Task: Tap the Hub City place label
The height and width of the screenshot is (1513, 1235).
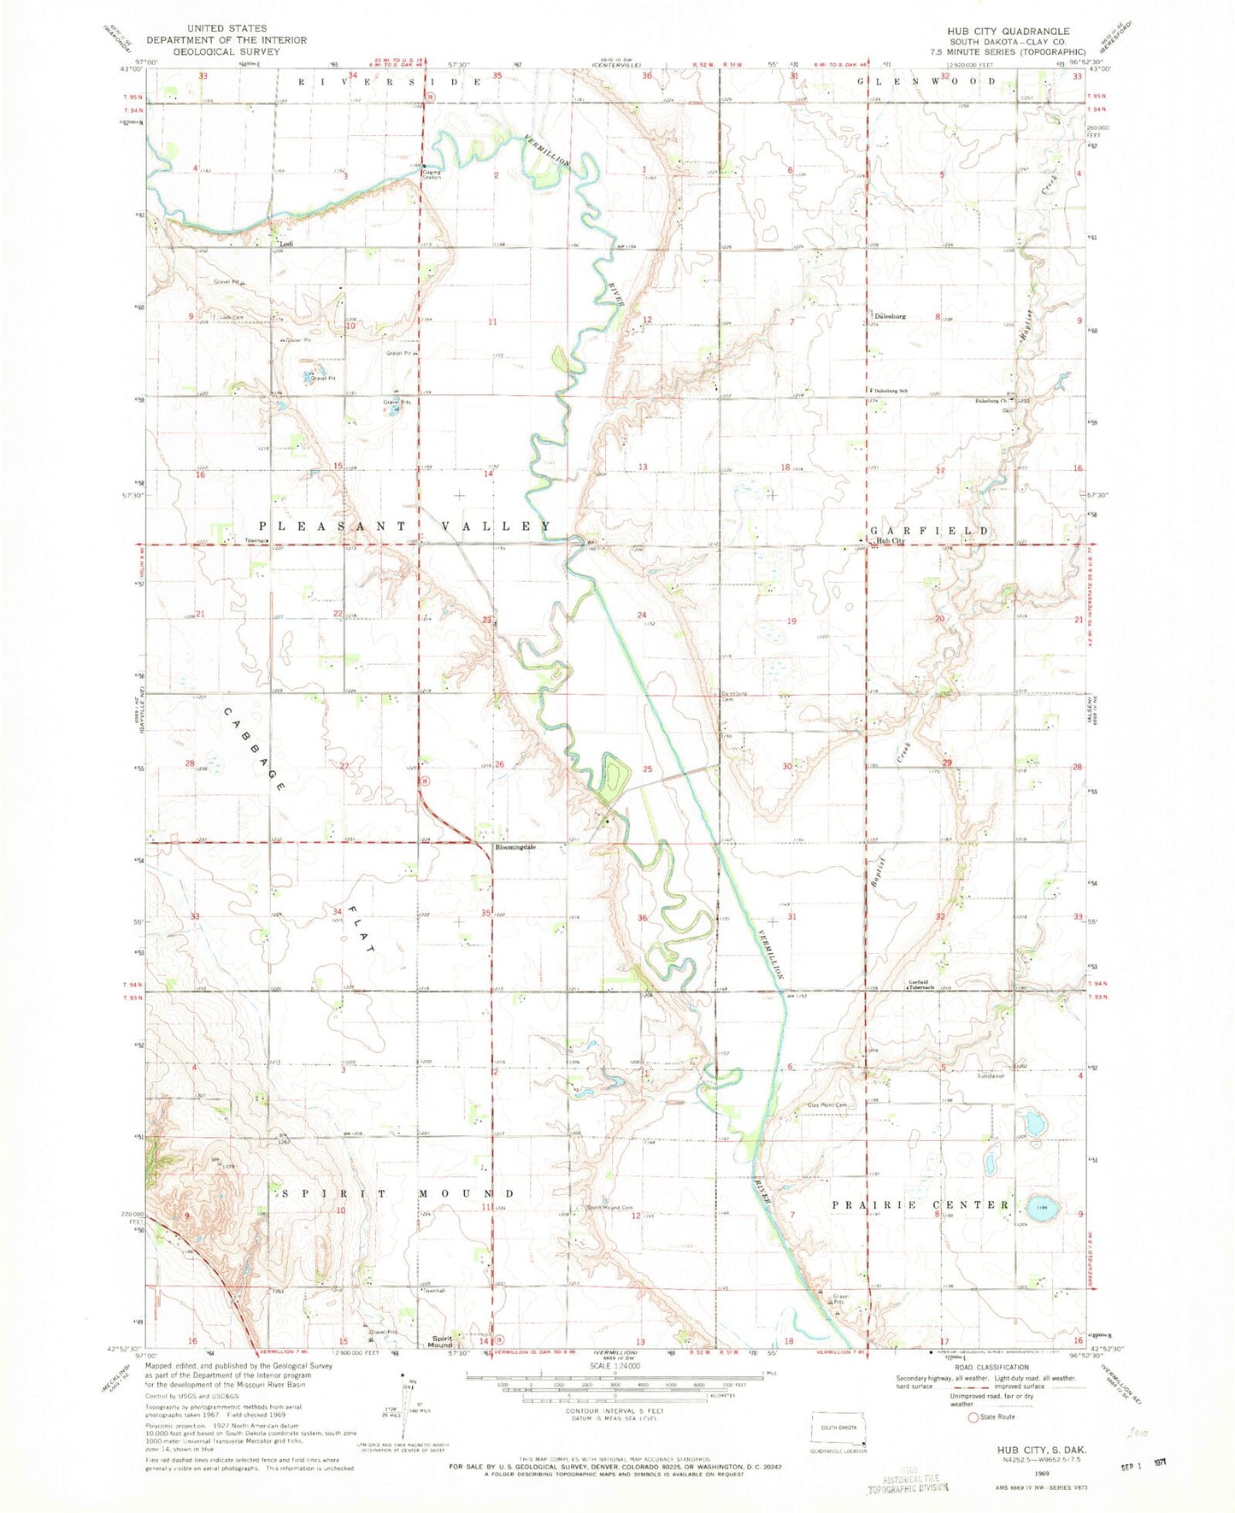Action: pos(888,541)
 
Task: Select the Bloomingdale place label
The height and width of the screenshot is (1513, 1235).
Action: pos(515,848)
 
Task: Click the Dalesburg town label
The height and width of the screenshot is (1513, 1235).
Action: pos(889,315)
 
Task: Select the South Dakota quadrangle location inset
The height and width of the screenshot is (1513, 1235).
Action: pos(838,1428)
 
